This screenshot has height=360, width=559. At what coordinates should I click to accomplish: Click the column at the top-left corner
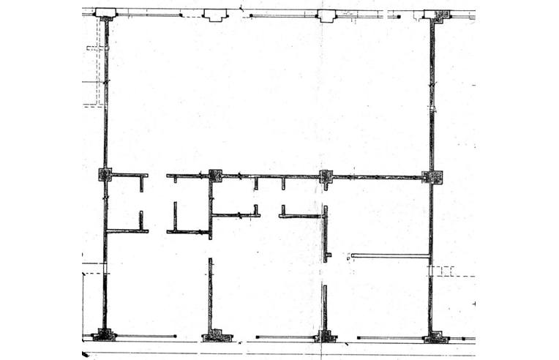pos(105,13)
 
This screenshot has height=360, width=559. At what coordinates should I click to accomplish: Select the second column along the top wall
pos(215,15)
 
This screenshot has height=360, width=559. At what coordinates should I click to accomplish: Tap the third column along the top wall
pos(326,15)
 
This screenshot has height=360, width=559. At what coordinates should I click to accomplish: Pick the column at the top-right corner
pos(438,15)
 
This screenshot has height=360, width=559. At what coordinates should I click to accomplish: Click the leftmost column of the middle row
pos(105,175)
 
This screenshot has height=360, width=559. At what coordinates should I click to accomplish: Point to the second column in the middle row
pos(215,175)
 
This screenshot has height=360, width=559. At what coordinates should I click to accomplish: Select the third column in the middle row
pos(326,176)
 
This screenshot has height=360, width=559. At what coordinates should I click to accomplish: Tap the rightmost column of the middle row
pos(432,176)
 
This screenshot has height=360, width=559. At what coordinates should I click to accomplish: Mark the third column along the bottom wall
pos(325,337)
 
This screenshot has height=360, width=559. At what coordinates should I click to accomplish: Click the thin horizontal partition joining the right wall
pos(389,255)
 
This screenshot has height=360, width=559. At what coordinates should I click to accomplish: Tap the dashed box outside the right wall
pos(443,271)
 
